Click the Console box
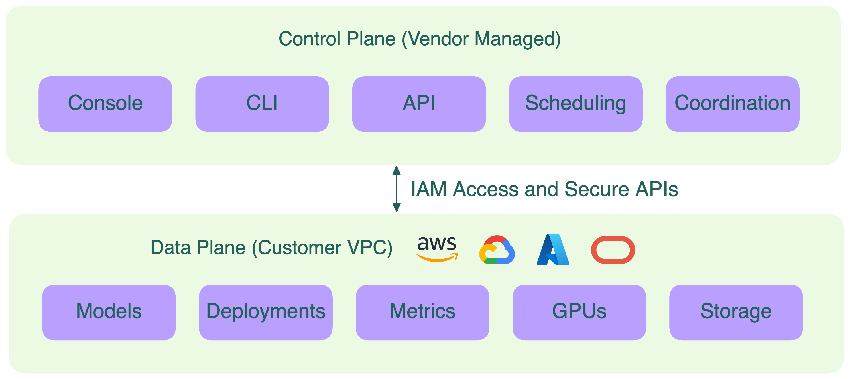(105, 104)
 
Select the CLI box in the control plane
(262, 104)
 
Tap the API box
(419, 104)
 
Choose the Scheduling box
(576, 104)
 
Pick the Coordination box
(732, 104)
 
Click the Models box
(109, 312)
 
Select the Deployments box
(265, 312)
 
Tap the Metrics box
(422, 312)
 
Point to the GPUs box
(579, 312)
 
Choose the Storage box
(735, 312)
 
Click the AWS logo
(437, 248)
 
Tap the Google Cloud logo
(497, 250)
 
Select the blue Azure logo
(553, 250)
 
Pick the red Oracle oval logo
(613, 250)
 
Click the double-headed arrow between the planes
(396, 189)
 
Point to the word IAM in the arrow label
(428, 189)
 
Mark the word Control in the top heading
(309, 39)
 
